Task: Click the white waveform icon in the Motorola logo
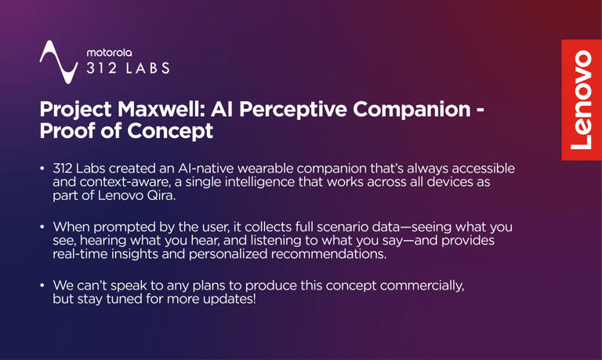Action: click(60, 61)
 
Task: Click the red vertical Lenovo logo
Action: click(581, 100)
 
